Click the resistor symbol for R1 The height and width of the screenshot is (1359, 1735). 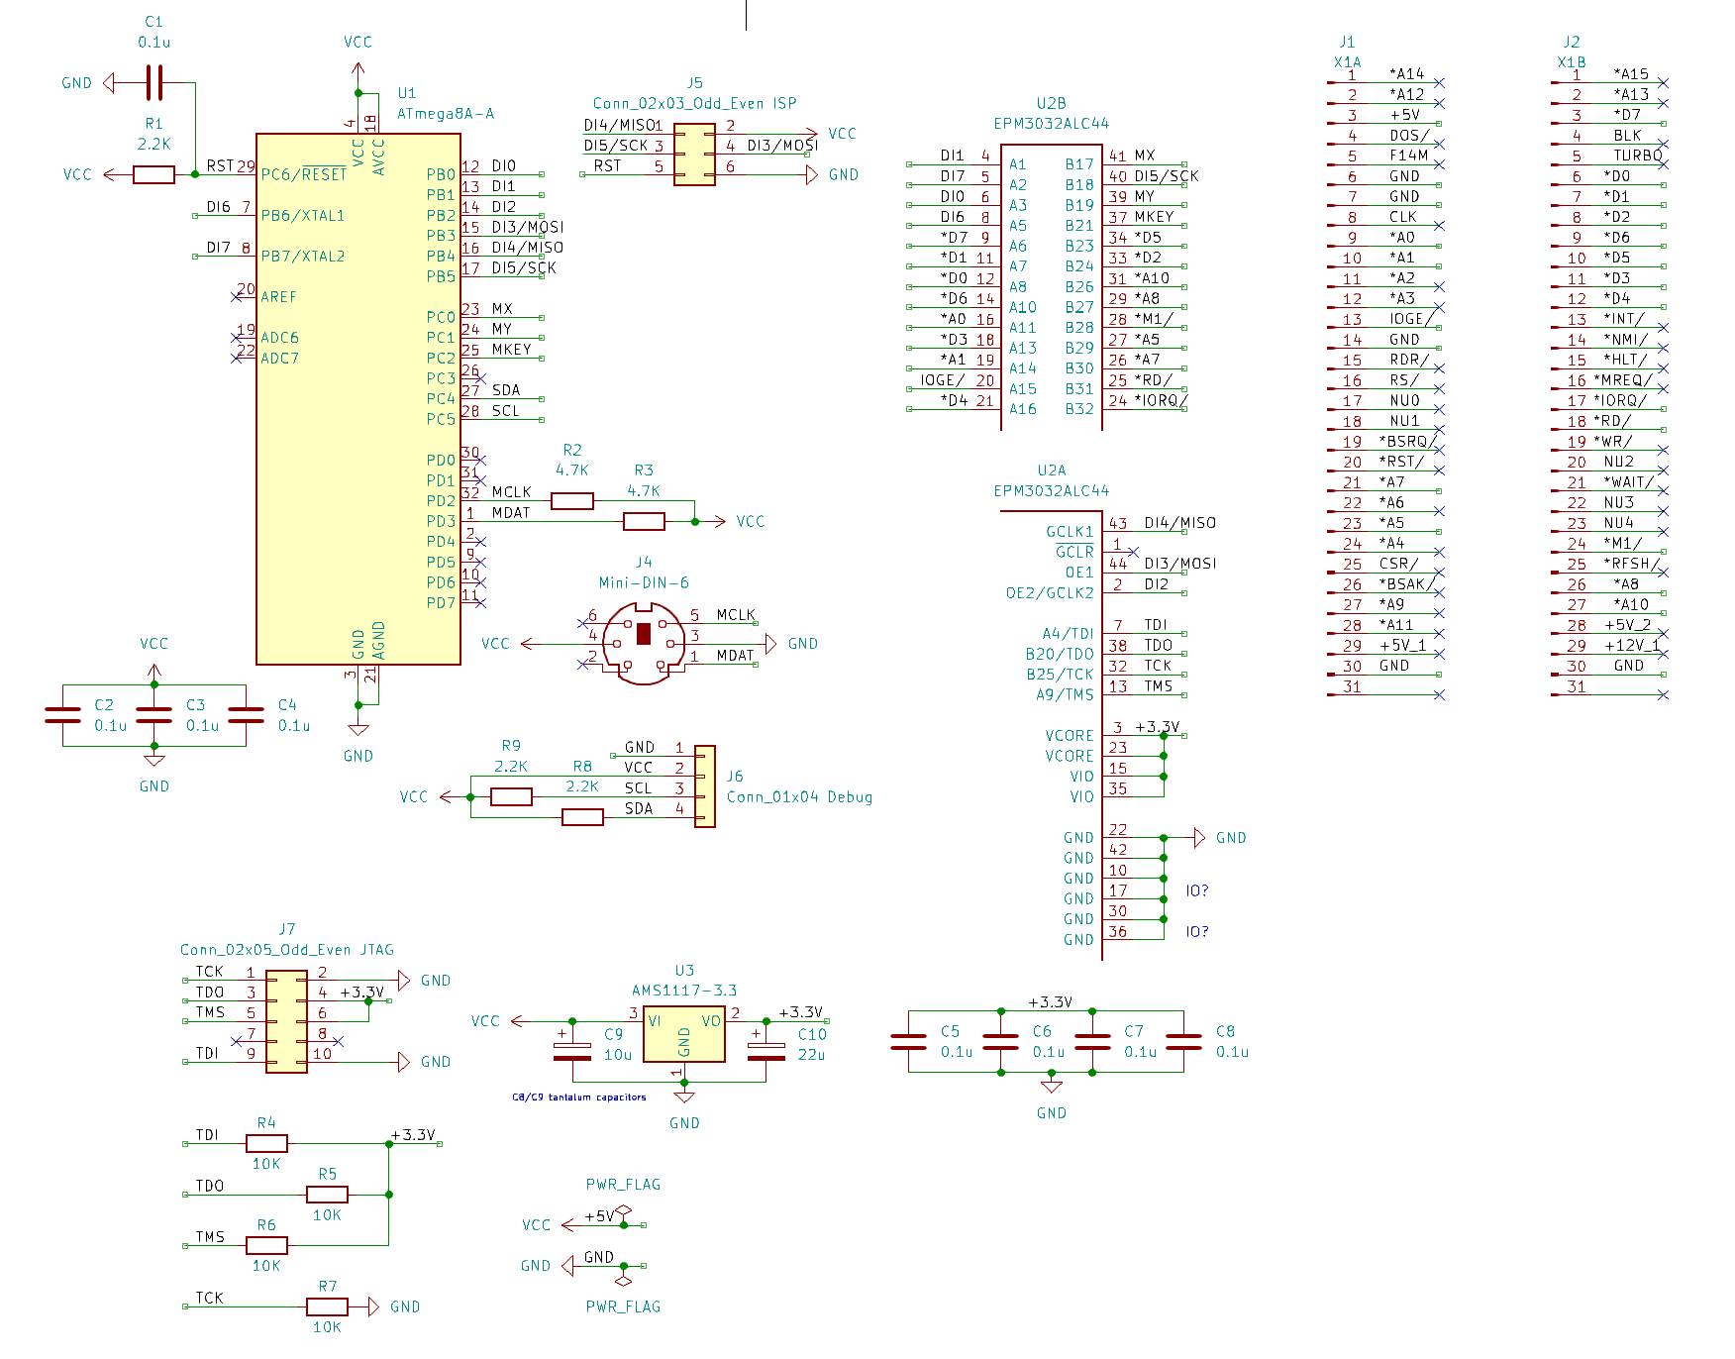click(153, 174)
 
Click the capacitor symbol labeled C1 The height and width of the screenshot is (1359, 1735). click(153, 82)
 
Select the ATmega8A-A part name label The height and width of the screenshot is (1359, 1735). click(446, 114)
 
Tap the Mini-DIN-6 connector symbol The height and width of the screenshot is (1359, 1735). click(644, 644)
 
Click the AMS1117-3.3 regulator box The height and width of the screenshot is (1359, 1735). click(684, 1035)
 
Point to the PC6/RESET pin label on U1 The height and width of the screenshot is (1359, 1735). click(304, 174)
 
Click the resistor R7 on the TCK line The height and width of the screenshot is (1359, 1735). click(327, 1307)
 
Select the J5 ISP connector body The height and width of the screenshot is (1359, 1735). click(694, 155)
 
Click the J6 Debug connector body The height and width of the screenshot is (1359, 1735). click(705, 786)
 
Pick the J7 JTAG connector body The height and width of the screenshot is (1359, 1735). click(286, 1021)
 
